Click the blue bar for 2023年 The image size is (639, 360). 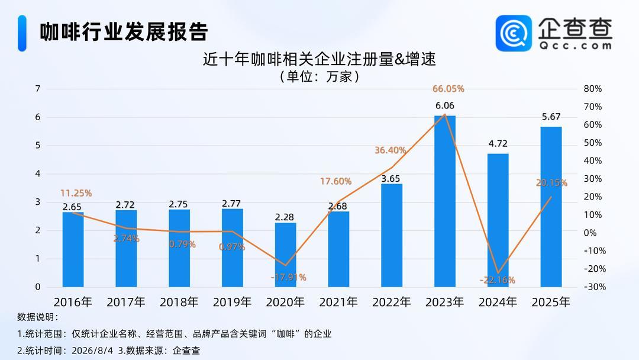pos(444,201)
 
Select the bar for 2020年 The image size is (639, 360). pos(285,255)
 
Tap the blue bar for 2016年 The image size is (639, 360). pos(73,249)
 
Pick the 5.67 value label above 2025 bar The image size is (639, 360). pos(551,117)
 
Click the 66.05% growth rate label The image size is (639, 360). pos(448,89)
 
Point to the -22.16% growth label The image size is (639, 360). pos(497,280)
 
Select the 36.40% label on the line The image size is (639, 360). pos(390,150)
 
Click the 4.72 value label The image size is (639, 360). pos(498,143)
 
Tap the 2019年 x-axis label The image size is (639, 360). pos(233,302)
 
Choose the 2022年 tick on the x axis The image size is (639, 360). pos(392,302)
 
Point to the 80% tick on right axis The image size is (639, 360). pos(592,89)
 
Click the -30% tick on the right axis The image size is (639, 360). pos(595,287)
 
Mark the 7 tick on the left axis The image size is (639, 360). pos(38,89)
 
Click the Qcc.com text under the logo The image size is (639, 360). pos(575,46)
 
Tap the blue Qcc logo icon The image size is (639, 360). pos(514,33)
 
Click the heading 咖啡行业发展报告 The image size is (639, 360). pos(124,32)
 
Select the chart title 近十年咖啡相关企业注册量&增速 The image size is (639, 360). pos(319,59)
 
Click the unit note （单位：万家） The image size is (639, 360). pos(319,76)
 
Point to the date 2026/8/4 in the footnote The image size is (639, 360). pos(92,351)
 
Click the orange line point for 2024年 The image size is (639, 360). pos(498,273)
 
